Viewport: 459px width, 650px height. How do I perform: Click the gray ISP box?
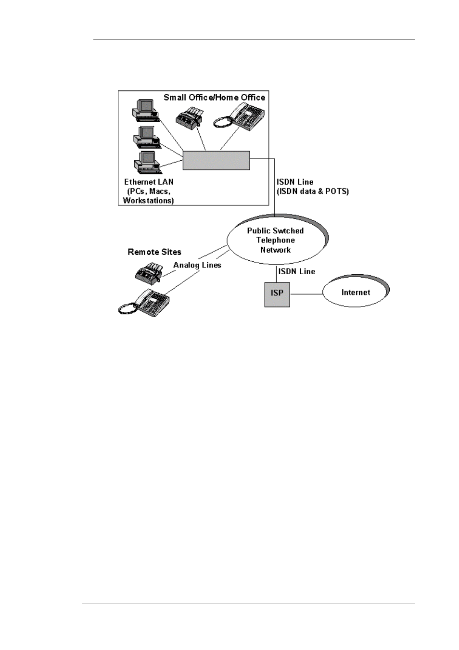click(277, 293)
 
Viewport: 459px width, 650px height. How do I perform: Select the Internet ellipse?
click(355, 291)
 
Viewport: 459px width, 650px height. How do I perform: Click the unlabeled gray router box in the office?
click(216, 160)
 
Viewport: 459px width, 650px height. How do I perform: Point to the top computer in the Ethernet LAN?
click(145, 109)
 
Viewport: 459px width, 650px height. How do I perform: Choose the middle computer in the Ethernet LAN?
click(146, 137)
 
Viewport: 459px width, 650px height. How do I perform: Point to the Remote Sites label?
click(154, 252)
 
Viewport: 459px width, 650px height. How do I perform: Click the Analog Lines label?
click(197, 265)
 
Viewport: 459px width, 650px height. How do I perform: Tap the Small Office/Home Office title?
click(214, 98)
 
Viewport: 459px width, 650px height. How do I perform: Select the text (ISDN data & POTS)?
click(313, 191)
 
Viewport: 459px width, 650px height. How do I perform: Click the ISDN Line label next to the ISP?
click(297, 271)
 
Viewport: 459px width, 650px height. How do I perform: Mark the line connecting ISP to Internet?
click(306, 293)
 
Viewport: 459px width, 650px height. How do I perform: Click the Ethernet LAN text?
click(149, 182)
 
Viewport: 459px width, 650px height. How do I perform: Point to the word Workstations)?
click(148, 201)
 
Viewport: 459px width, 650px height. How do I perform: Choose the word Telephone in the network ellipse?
click(275, 240)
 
